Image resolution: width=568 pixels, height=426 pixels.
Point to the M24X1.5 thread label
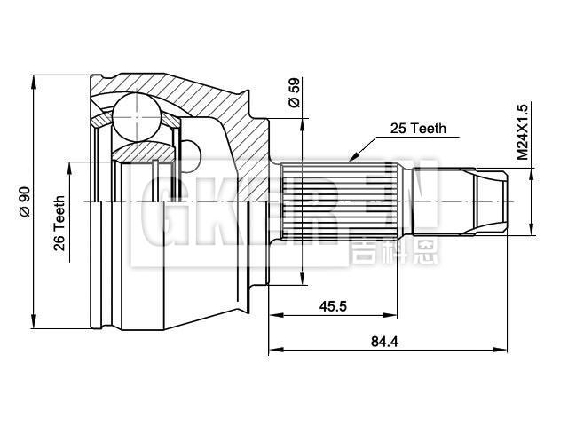523,132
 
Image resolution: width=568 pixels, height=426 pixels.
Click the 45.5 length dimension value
333,306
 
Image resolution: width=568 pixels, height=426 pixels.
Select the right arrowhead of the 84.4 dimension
506,349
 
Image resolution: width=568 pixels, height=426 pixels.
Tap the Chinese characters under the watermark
383,249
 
